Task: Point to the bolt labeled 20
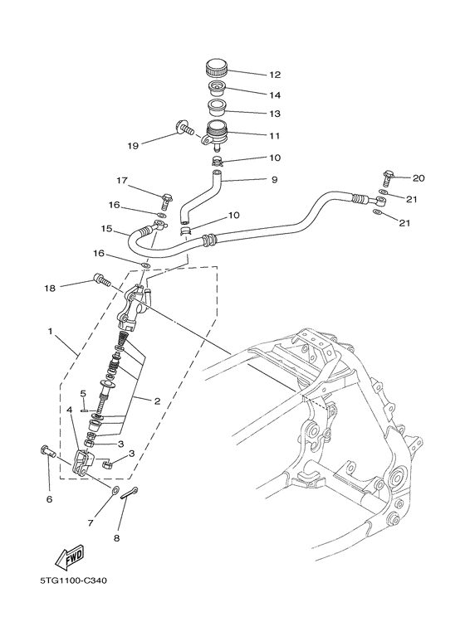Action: coord(388,177)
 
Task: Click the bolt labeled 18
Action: coord(101,280)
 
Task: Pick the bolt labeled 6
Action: coord(47,452)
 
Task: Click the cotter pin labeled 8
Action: coord(129,495)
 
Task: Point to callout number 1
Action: coord(51,333)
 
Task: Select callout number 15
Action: coord(106,229)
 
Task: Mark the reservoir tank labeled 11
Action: coord(218,131)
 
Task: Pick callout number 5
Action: coord(83,393)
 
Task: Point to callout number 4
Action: coord(70,410)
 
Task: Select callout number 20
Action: coord(418,178)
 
